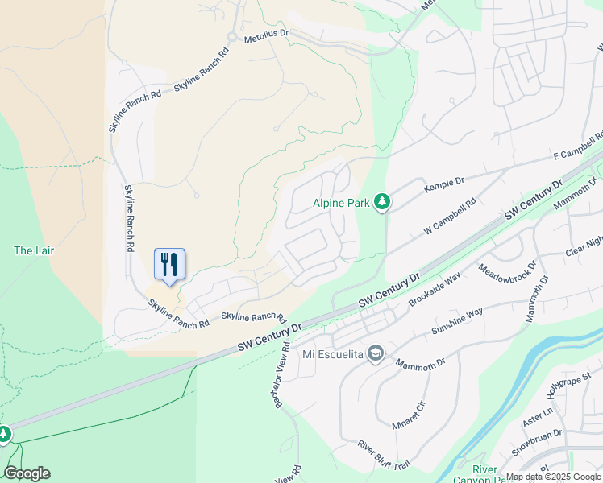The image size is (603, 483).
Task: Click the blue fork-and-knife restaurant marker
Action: pyautogui.click(x=169, y=265)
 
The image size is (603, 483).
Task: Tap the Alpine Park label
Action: pyautogui.click(x=341, y=204)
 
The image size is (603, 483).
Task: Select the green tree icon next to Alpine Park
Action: pyautogui.click(x=383, y=202)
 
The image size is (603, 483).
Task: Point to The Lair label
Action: pyautogui.click(x=34, y=250)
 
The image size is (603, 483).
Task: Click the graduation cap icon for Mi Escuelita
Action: pyautogui.click(x=375, y=353)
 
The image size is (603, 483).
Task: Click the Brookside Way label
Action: pyautogui.click(x=434, y=289)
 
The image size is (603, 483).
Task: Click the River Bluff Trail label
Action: pyautogui.click(x=385, y=455)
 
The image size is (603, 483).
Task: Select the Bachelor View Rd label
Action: pyautogui.click(x=281, y=374)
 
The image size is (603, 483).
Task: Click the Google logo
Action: pyautogui.click(x=27, y=473)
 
